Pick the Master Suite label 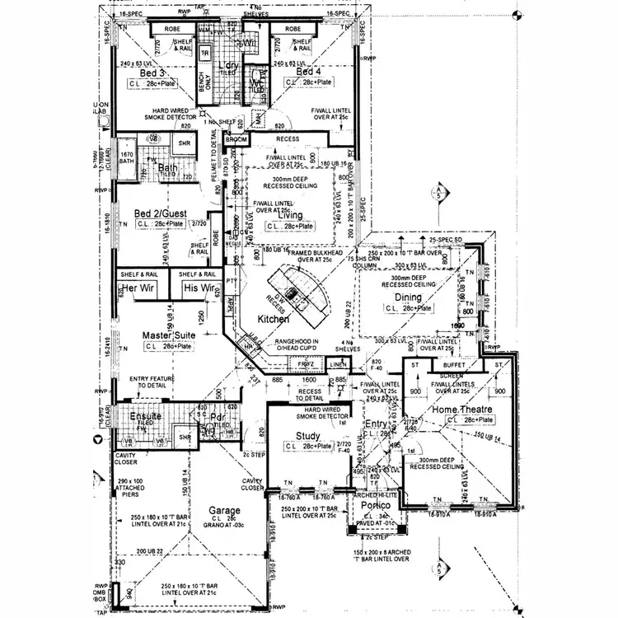169,335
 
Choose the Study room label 308,436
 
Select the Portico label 375,508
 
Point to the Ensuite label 146,416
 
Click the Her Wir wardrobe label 138,288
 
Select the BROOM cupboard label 236,141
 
